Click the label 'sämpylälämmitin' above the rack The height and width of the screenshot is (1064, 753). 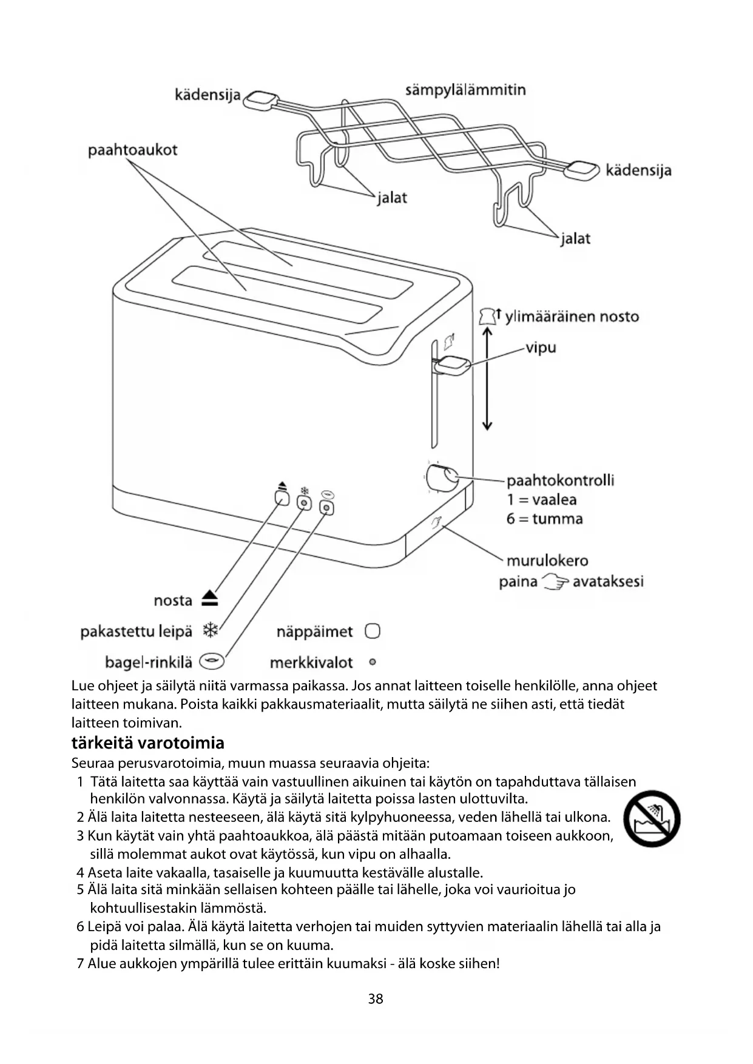tap(465, 90)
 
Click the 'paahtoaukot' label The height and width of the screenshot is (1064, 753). tap(132, 150)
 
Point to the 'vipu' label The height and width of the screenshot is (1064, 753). tap(541, 348)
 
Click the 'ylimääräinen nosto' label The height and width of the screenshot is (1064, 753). tap(572, 317)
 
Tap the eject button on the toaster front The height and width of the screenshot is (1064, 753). tap(282, 499)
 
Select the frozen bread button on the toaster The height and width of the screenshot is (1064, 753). tap(304, 503)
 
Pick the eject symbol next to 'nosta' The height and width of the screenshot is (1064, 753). tap(210, 599)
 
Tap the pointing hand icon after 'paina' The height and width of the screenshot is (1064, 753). tap(555, 582)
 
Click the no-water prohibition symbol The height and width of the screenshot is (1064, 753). tap(652, 819)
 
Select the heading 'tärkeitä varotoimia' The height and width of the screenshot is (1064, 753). tap(147, 743)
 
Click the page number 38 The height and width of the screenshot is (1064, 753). tap(376, 998)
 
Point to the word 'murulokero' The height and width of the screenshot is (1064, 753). tap(547, 561)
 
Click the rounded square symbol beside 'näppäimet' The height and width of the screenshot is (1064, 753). tap(372, 631)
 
